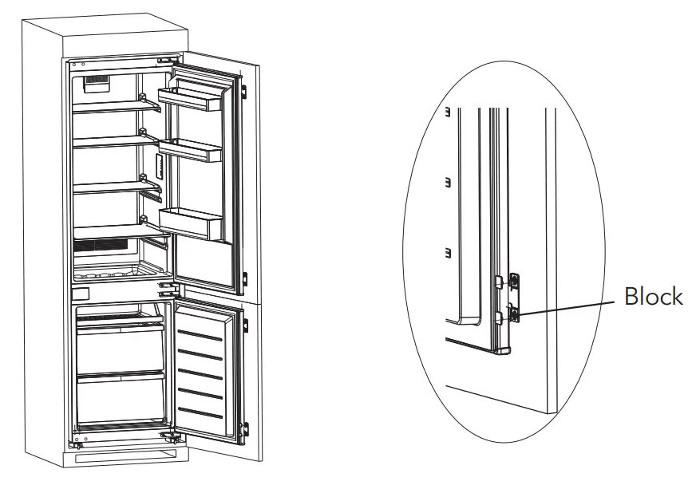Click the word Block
click(653, 297)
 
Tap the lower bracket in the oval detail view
click(514, 314)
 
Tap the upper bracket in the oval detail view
click(514, 280)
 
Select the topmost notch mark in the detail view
click(448, 112)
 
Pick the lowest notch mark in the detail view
click(448, 254)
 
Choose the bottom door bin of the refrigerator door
click(192, 223)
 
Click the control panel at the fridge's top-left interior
click(97, 81)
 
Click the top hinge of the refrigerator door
click(167, 61)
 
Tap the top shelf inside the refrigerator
click(112, 108)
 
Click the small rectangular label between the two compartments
click(80, 295)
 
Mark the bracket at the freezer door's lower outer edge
click(247, 428)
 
